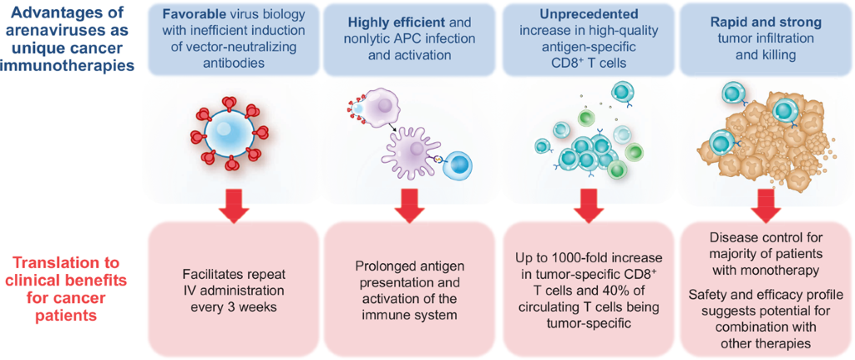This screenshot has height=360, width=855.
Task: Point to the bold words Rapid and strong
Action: click(x=760, y=14)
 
